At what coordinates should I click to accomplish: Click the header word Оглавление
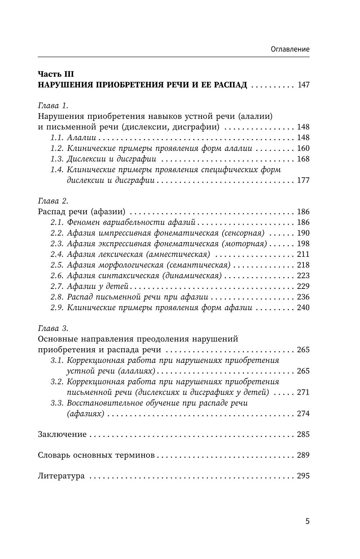pyautogui.click(x=290, y=49)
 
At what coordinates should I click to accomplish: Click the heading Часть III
pyautogui.click(x=56, y=74)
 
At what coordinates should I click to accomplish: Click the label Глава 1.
pyautogui.click(x=53, y=106)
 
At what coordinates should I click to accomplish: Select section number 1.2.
pyautogui.click(x=57, y=148)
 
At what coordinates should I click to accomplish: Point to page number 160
pyautogui.click(x=303, y=148)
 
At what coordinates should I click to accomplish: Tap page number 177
pyautogui.click(x=303, y=180)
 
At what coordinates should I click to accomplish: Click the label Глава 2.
pyautogui.click(x=53, y=201)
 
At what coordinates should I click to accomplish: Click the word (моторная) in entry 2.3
pyautogui.click(x=244, y=244)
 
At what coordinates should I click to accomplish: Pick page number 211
pyautogui.click(x=303, y=254)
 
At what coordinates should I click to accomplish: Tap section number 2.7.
pyautogui.click(x=57, y=286)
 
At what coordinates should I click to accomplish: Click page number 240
pyautogui.click(x=303, y=308)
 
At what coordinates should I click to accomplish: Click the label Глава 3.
pyautogui.click(x=53, y=328)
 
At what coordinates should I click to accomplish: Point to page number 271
pyautogui.click(x=303, y=392)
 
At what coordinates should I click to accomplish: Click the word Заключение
pyautogui.click(x=62, y=434)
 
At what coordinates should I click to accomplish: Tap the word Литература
pyautogui.click(x=61, y=476)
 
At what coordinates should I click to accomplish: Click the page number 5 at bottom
pyautogui.click(x=307, y=521)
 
